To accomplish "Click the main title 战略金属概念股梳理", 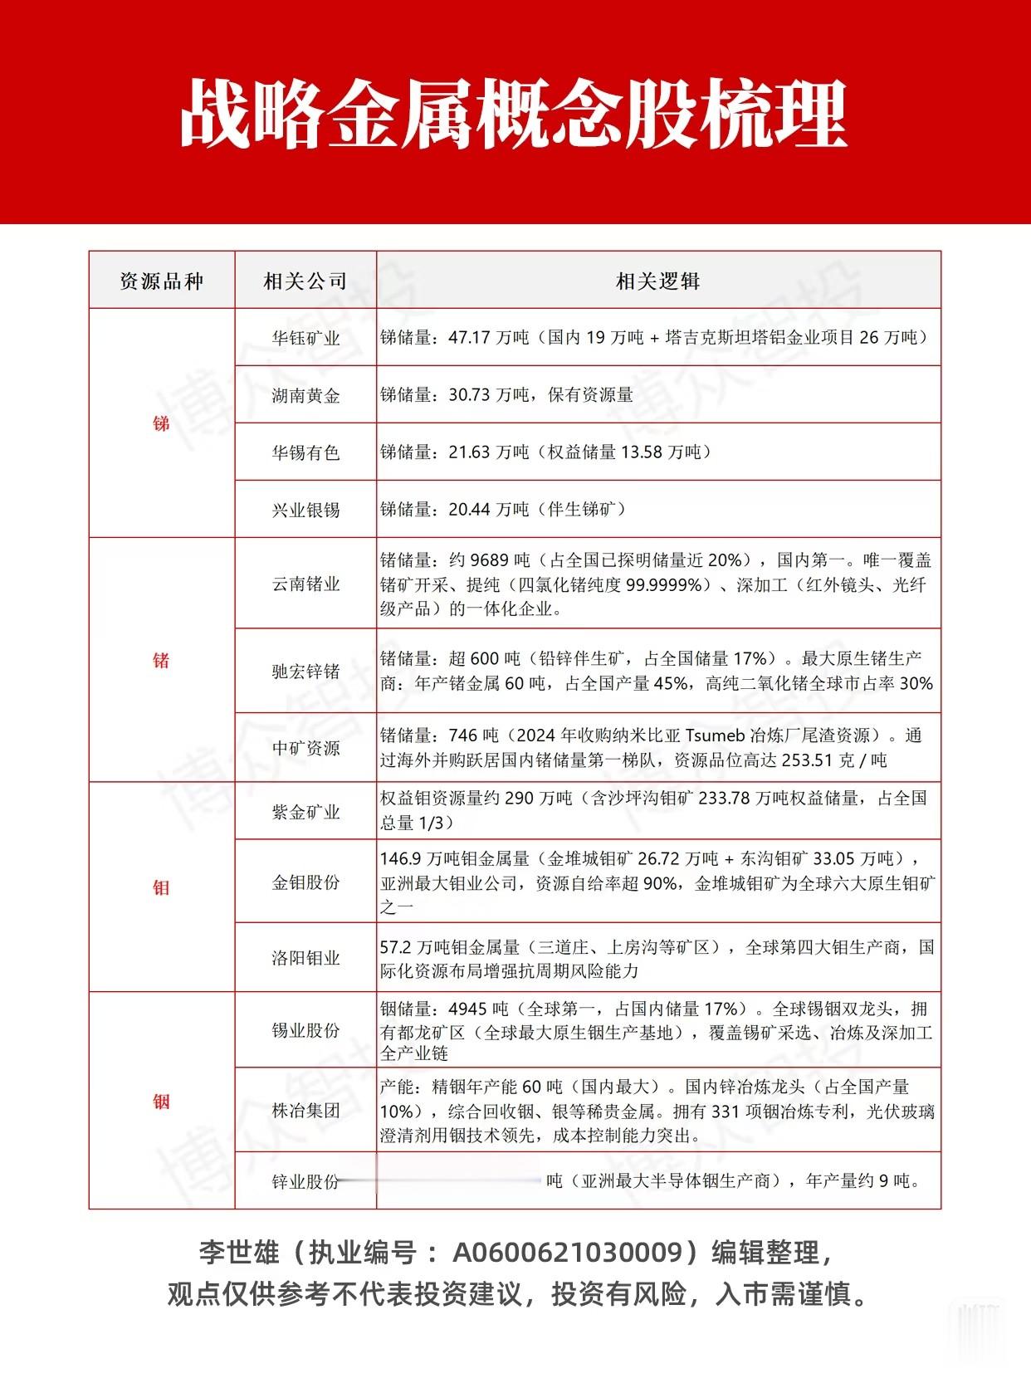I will pyautogui.click(x=515, y=114).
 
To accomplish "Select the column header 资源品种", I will pyautogui.click(x=161, y=281).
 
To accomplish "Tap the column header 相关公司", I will pyautogui.click(x=305, y=281).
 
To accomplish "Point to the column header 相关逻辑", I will pyautogui.click(x=657, y=281).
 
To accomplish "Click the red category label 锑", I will pyautogui.click(x=161, y=423).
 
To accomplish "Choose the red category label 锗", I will pyautogui.click(x=161, y=660).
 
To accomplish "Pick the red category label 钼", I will pyautogui.click(x=161, y=887).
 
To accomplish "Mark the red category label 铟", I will pyautogui.click(x=161, y=1102).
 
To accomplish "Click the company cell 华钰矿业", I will pyautogui.click(x=305, y=338).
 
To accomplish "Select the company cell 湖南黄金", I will pyautogui.click(x=305, y=395).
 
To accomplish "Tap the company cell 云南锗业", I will pyautogui.click(x=305, y=584).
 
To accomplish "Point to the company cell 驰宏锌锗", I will pyautogui.click(x=305, y=671).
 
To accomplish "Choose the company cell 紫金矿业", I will pyautogui.click(x=305, y=812).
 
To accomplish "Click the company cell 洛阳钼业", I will pyautogui.click(x=305, y=957).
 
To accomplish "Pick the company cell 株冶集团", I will pyautogui.click(x=305, y=1110).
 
